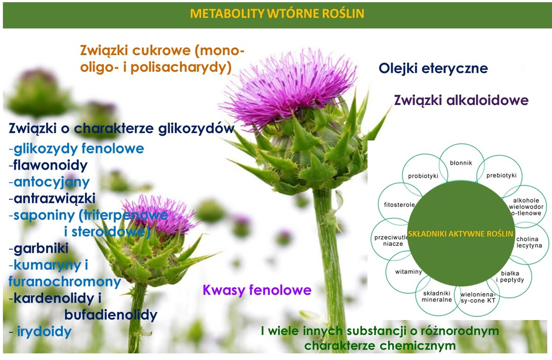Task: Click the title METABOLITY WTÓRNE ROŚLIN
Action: coord(277,13)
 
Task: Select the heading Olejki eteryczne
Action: coord(433,68)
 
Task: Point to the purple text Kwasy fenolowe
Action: coord(257,290)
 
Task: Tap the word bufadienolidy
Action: coord(111,314)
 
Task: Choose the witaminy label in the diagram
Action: coord(408,272)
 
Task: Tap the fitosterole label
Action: coord(399,205)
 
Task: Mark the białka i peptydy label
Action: coord(510,276)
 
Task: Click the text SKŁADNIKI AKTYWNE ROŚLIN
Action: coord(460,234)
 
